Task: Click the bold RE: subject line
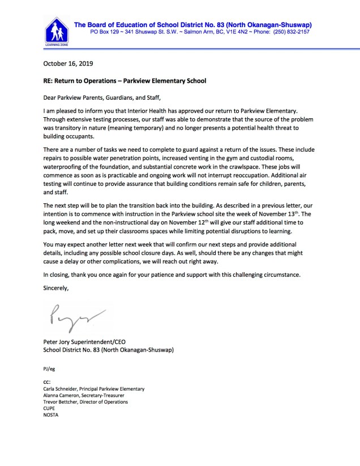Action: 125,81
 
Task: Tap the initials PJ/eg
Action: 49,369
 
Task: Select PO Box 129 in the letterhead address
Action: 105,32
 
